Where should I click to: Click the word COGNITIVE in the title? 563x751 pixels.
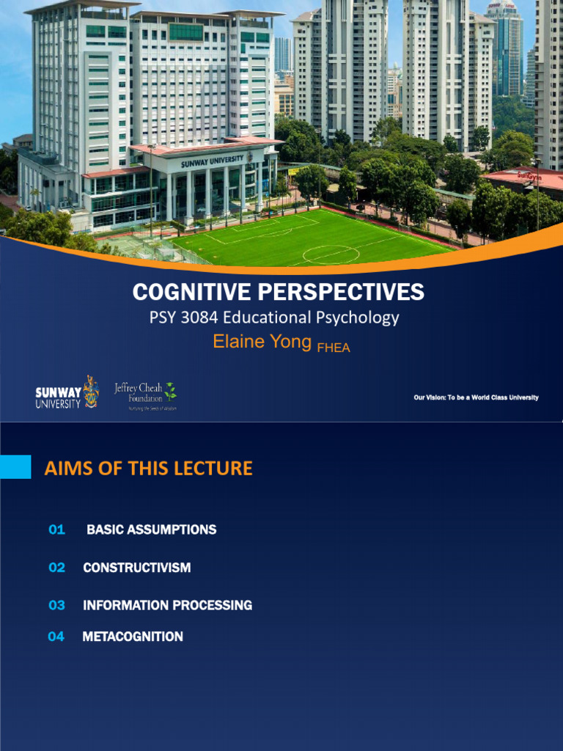192,292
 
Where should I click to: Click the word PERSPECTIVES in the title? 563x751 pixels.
341,292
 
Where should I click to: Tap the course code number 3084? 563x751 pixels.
198,318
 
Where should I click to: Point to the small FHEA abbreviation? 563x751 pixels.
333,348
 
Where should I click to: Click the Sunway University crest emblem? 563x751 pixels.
91,392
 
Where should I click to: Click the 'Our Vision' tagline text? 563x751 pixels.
476,398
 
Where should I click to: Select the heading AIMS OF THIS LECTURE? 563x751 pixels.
148,469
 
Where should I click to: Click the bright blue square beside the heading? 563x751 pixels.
15,467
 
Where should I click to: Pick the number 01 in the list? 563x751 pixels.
56,530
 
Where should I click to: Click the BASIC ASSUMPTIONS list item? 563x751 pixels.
151,530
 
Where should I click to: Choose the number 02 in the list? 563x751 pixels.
56,568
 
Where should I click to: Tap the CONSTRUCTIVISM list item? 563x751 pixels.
136,568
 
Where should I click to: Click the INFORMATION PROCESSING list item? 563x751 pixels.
167,606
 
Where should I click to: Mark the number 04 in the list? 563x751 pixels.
56,637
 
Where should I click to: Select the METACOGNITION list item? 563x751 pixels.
133,637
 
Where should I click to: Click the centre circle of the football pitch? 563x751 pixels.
331,254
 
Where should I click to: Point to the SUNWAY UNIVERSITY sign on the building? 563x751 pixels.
213,161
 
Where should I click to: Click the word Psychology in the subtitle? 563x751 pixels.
364,318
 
